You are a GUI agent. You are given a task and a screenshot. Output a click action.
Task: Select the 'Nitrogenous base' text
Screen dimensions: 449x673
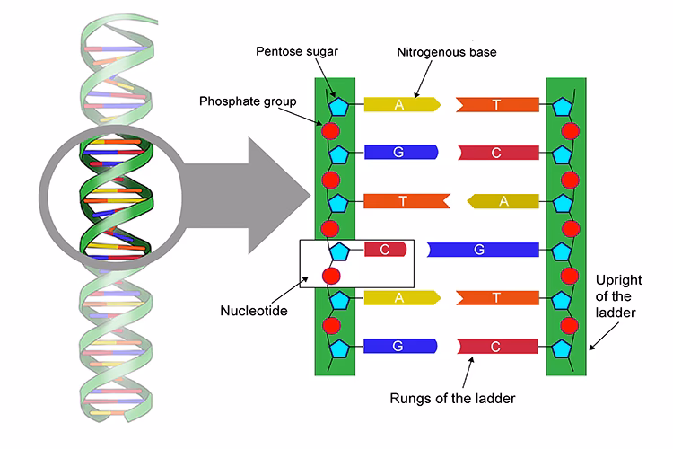[445, 53]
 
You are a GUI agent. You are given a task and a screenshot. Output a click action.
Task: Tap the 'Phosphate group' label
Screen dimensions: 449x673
[247, 101]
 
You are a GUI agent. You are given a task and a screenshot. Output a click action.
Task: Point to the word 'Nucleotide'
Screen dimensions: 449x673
[255, 312]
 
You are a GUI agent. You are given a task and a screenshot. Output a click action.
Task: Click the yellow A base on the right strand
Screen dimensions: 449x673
[503, 201]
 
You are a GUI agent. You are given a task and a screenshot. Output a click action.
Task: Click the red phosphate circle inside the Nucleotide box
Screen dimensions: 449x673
[331, 276]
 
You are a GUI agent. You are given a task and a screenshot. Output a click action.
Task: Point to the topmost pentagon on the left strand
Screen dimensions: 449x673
[339, 105]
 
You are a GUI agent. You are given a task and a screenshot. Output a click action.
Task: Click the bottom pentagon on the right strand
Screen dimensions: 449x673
[562, 346]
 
